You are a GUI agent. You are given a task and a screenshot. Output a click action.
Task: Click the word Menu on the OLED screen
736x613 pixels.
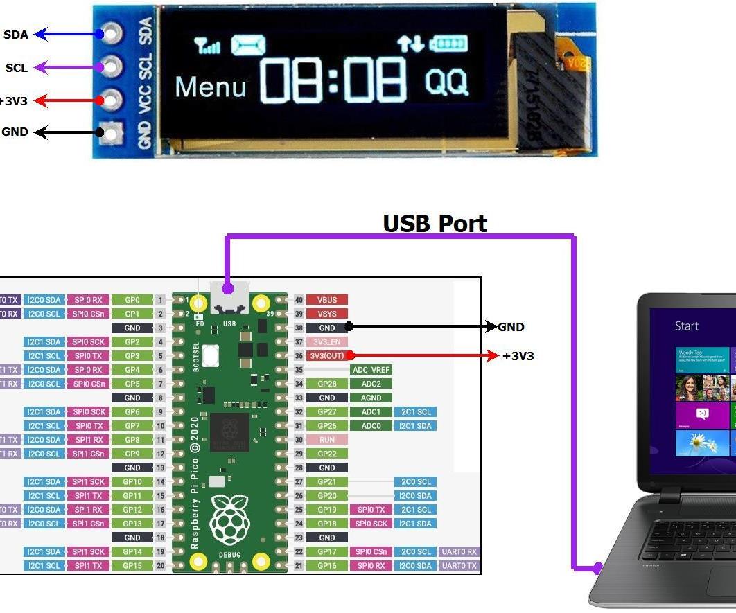pyautogui.click(x=210, y=87)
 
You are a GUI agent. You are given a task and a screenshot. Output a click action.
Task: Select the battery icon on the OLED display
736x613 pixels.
pyautogui.click(x=448, y=44)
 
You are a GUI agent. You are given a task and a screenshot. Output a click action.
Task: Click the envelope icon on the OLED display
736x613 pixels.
pyautogui.click(x=247, y=46)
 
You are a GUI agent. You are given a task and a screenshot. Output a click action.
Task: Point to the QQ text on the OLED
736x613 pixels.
pyautogui.click(x=446, y=82)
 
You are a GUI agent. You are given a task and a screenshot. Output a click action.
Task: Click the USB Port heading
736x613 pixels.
pyautogui.click(x=435, y=224)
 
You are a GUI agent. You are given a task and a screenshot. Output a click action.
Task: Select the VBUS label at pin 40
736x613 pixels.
pyautogui.click(x=327, y=300)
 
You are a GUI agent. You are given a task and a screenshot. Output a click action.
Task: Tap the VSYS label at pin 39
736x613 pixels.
pyautogui.click(x=327, y=314)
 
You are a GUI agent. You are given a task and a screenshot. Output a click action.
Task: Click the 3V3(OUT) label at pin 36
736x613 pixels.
pyautogui.click(x=327, y=356)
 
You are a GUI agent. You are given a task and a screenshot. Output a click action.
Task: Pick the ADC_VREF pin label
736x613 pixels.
pyautogui.click(x=371, y=370)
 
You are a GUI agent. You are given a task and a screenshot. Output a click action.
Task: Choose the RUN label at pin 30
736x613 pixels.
pyautogui.click(x=327, y=440)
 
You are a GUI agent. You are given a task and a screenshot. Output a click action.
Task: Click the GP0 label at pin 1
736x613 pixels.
pyautogui.click(x=132, y=300)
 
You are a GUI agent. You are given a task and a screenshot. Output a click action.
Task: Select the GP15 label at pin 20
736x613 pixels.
pyautogui.click(x=132, y=565)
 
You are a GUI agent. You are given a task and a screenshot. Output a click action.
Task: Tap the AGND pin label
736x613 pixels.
pyautogui.click(x=371, y=398)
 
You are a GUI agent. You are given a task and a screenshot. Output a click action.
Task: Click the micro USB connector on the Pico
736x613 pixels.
pyautogui.click(x=229, y=298)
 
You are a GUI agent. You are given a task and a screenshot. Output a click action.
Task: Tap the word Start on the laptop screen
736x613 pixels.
pyautogui.click(x=687, y=326)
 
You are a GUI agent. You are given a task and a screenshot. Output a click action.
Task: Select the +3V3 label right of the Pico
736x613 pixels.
pyautogui.click(x=518, y=356)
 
